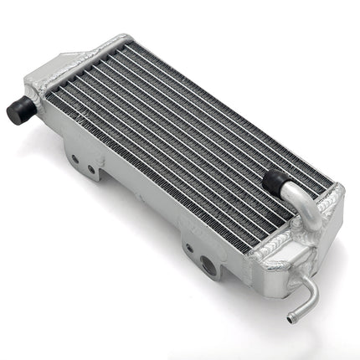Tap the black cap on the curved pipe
coord(273,178)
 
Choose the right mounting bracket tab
coord(198,255)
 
